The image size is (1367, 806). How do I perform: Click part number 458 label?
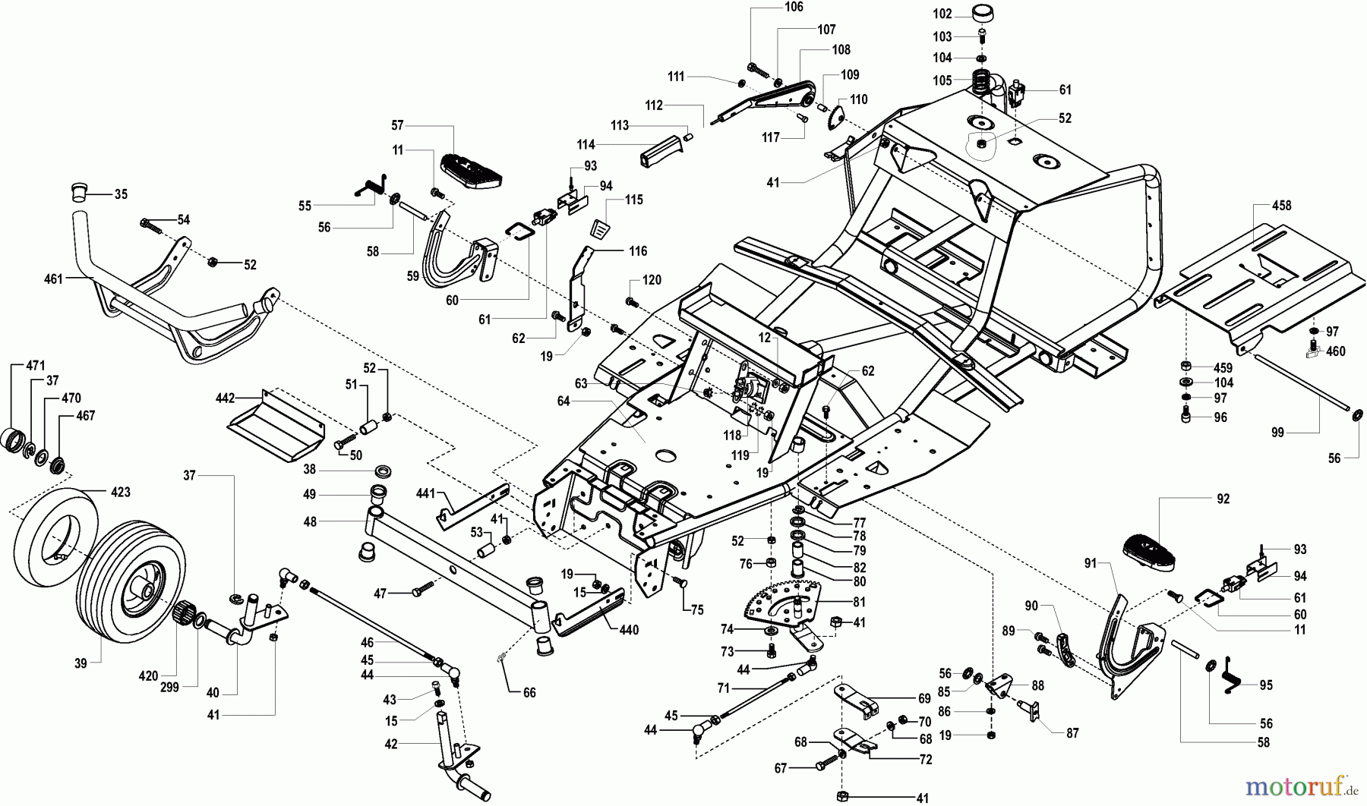1281,206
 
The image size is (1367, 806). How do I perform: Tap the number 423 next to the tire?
120,492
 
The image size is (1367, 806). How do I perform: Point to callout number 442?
226,397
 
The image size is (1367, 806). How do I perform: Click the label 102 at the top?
942,14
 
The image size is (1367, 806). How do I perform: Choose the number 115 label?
634,200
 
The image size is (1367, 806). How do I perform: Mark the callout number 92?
1222,499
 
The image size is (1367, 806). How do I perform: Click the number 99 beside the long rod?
1277,432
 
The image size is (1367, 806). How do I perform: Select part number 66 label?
529,692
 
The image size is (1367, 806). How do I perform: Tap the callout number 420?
148,676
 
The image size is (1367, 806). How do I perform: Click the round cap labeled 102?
983,14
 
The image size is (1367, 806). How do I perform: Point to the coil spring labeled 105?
983,81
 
